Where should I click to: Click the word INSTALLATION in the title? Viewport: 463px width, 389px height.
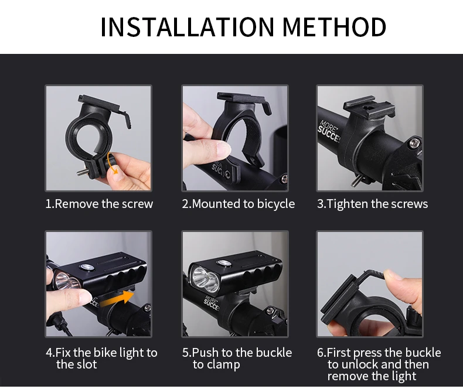pos(186,27)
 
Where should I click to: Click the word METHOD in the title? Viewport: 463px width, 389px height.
pos(335,27)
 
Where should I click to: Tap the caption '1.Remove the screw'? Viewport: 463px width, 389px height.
pos(99,204)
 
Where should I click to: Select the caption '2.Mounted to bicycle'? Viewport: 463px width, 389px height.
pos(238,204)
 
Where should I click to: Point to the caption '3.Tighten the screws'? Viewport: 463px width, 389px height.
pos(372,204)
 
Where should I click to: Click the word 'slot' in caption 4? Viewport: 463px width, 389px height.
pos(85,364)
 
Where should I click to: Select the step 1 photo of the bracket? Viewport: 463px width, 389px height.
pos(98,138)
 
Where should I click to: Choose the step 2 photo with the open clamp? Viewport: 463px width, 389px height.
pos(234,138)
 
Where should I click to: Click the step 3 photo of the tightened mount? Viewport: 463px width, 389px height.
pos(370,138)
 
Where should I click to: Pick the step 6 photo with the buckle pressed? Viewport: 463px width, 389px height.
pos(370,284)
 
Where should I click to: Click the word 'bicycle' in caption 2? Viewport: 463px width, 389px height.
pos(275,204)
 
